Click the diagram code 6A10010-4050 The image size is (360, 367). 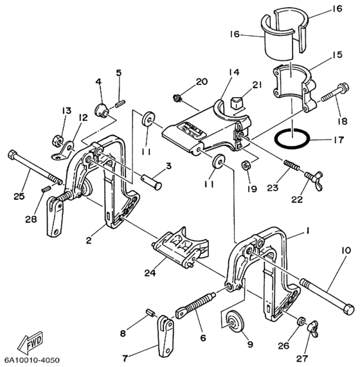point(30,360)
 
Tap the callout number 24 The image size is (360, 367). point(150,273)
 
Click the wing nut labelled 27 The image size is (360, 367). point(314,328)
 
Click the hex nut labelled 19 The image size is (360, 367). point(246,165)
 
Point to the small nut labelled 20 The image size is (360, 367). point(178,98)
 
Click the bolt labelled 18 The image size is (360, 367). point(336,94)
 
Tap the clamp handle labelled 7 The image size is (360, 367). point(165,336)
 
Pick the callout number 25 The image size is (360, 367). point(19,197)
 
